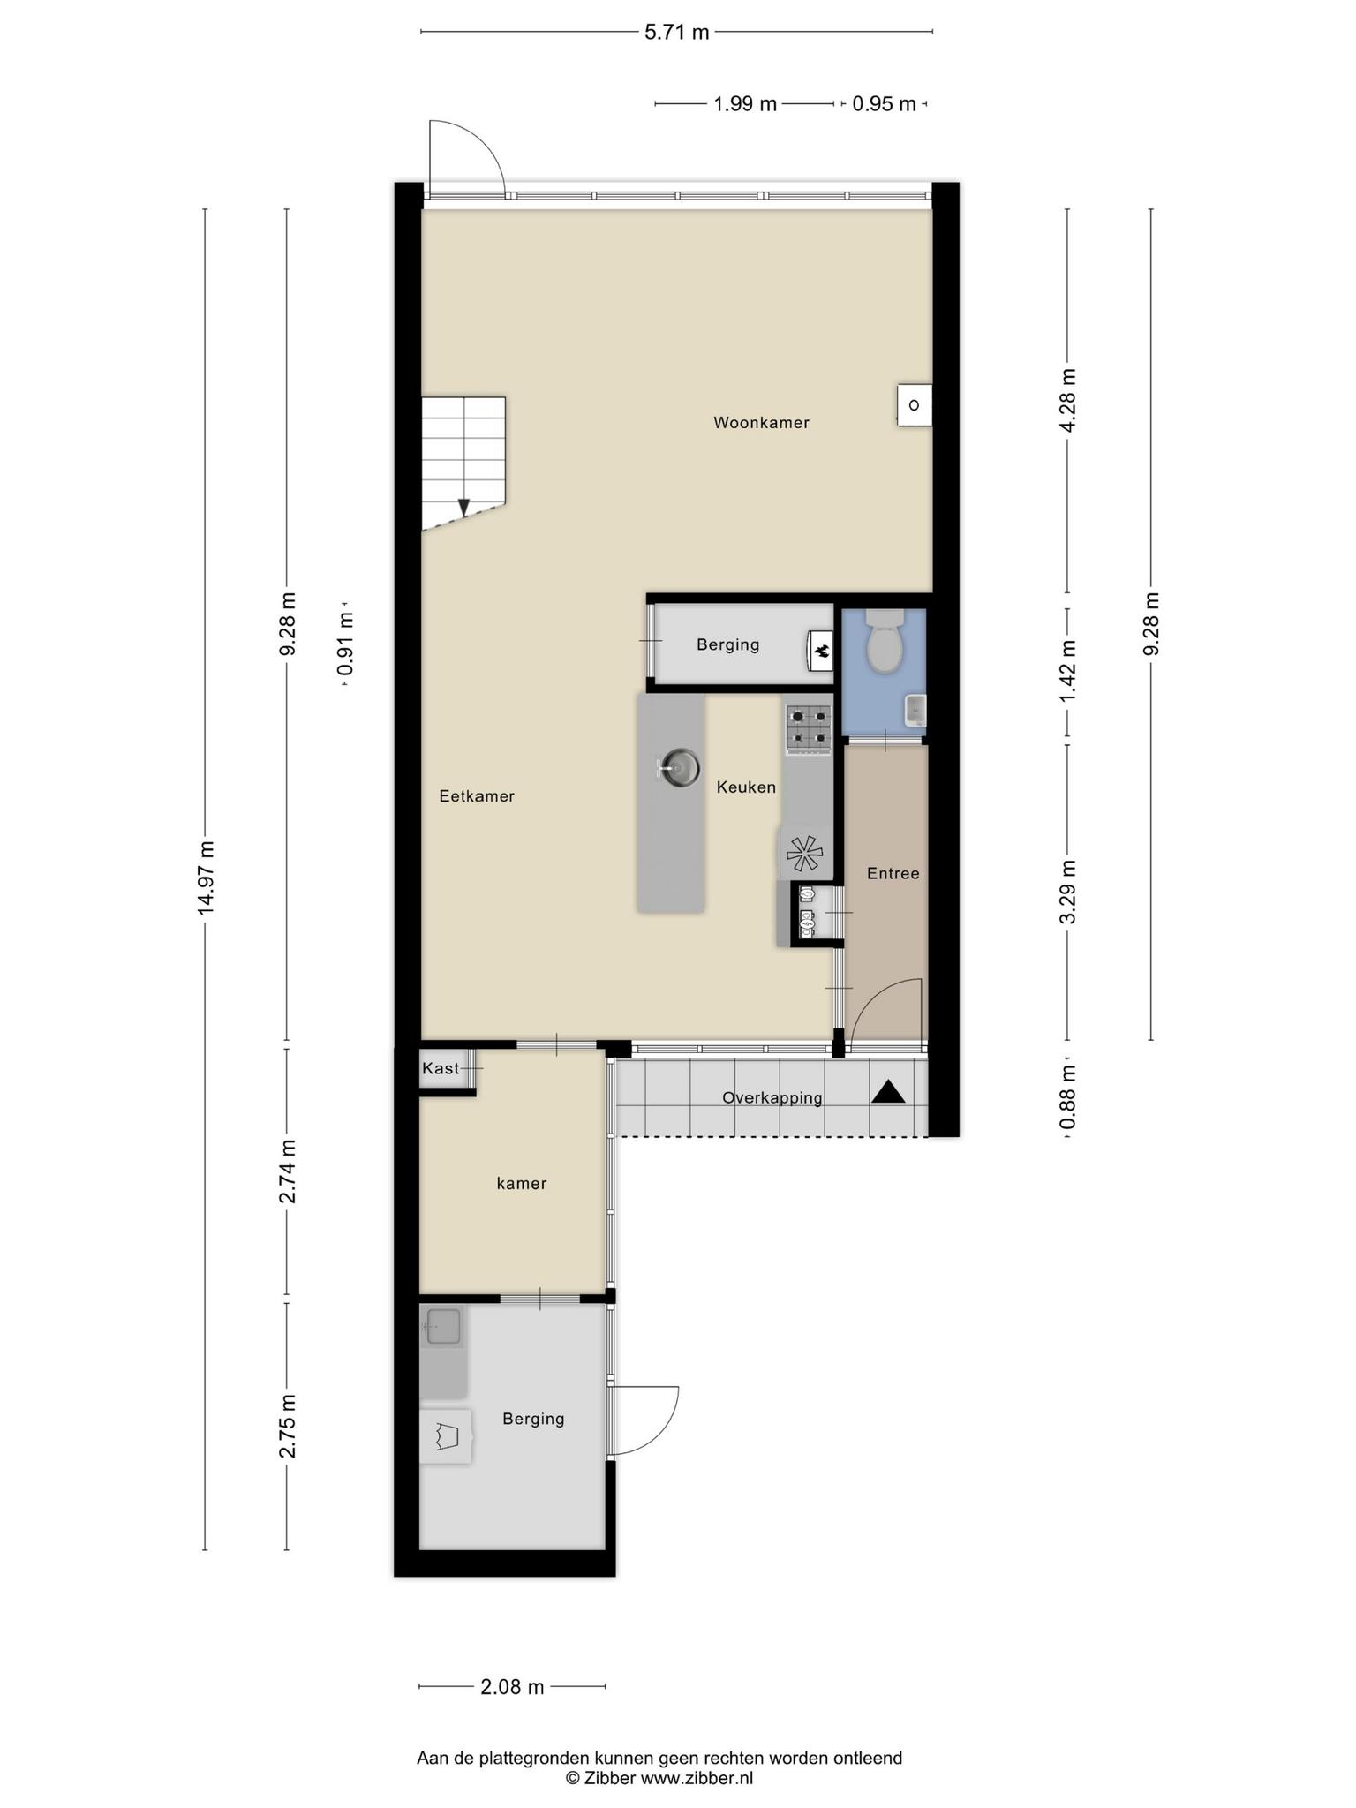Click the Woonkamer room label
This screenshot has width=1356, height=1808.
[x=761, y=423]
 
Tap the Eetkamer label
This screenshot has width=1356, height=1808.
[x=477, y=796]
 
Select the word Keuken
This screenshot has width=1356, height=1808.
[x=746, y=787]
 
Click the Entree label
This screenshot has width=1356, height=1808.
[x=893, y=874]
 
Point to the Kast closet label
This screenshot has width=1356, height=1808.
[x=441, y=1069]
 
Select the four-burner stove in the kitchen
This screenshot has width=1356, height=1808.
[x=809, y=729]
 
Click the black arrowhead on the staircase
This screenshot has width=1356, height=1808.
[x=463, y=508]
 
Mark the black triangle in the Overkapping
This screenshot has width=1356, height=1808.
[x=889, y=1092]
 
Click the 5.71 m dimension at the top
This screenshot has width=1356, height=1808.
[x=677, y=33]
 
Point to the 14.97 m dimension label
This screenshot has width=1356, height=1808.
[x=206, y=879]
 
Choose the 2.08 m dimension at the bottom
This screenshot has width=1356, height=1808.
[x=512, y=1687]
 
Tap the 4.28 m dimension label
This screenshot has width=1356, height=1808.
[x=1068, y=400]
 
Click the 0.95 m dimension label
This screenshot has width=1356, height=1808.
[x=885, y=104]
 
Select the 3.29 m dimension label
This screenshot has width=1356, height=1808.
[x=1068, y=892]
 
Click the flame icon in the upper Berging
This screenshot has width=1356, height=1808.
[x=821, y=652]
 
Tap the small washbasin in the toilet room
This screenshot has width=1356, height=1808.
[x=915, y=710]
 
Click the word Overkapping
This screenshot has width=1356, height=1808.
[x=772, y=1098]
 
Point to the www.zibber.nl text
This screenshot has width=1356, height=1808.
[x=697, y=1778]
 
